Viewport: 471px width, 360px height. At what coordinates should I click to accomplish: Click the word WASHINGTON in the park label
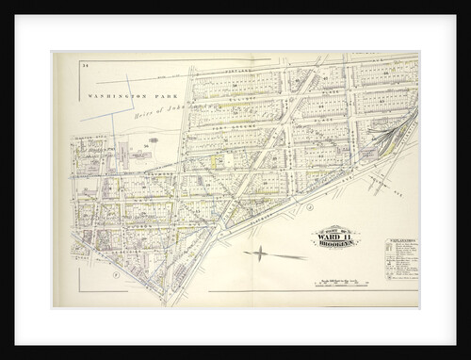tap(107, 96)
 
